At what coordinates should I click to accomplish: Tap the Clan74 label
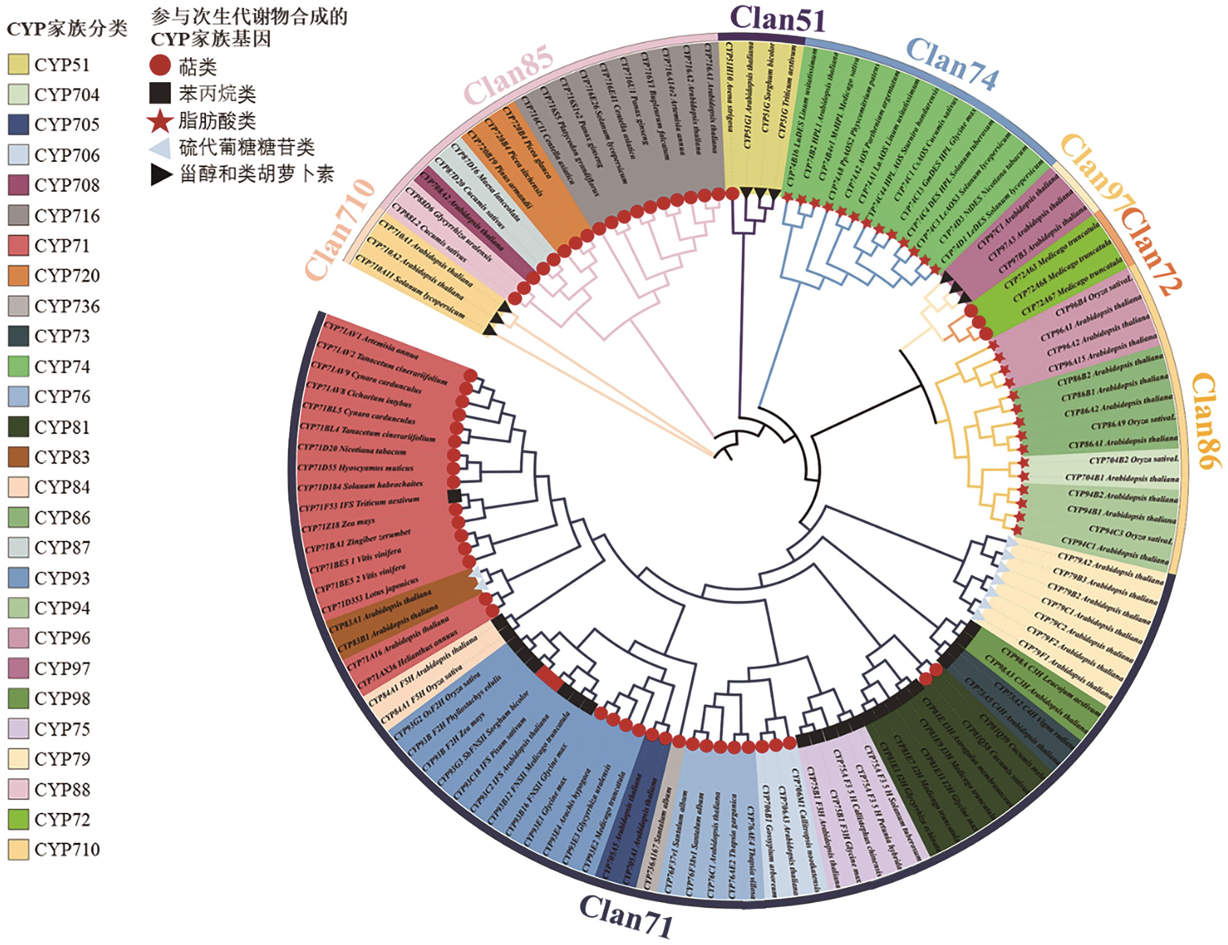tap(953, 63)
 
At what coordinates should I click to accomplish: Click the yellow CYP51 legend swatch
tap(19, 65)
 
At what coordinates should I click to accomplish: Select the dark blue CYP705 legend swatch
tap(19, 124)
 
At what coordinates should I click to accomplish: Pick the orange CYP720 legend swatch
tap(19, 276)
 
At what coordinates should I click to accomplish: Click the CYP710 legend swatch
tap(19, 849)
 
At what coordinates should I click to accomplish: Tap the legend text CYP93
tap(62, 578)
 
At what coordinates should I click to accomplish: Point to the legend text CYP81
tap(62, 427)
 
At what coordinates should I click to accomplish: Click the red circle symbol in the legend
tap(160, 66)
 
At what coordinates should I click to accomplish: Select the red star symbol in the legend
tap(160, 121)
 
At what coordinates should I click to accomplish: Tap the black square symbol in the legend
tap(160, 93)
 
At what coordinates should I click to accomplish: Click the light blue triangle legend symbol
tap(160, 147)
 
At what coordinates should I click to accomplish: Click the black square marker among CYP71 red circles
tap(455, 496)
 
